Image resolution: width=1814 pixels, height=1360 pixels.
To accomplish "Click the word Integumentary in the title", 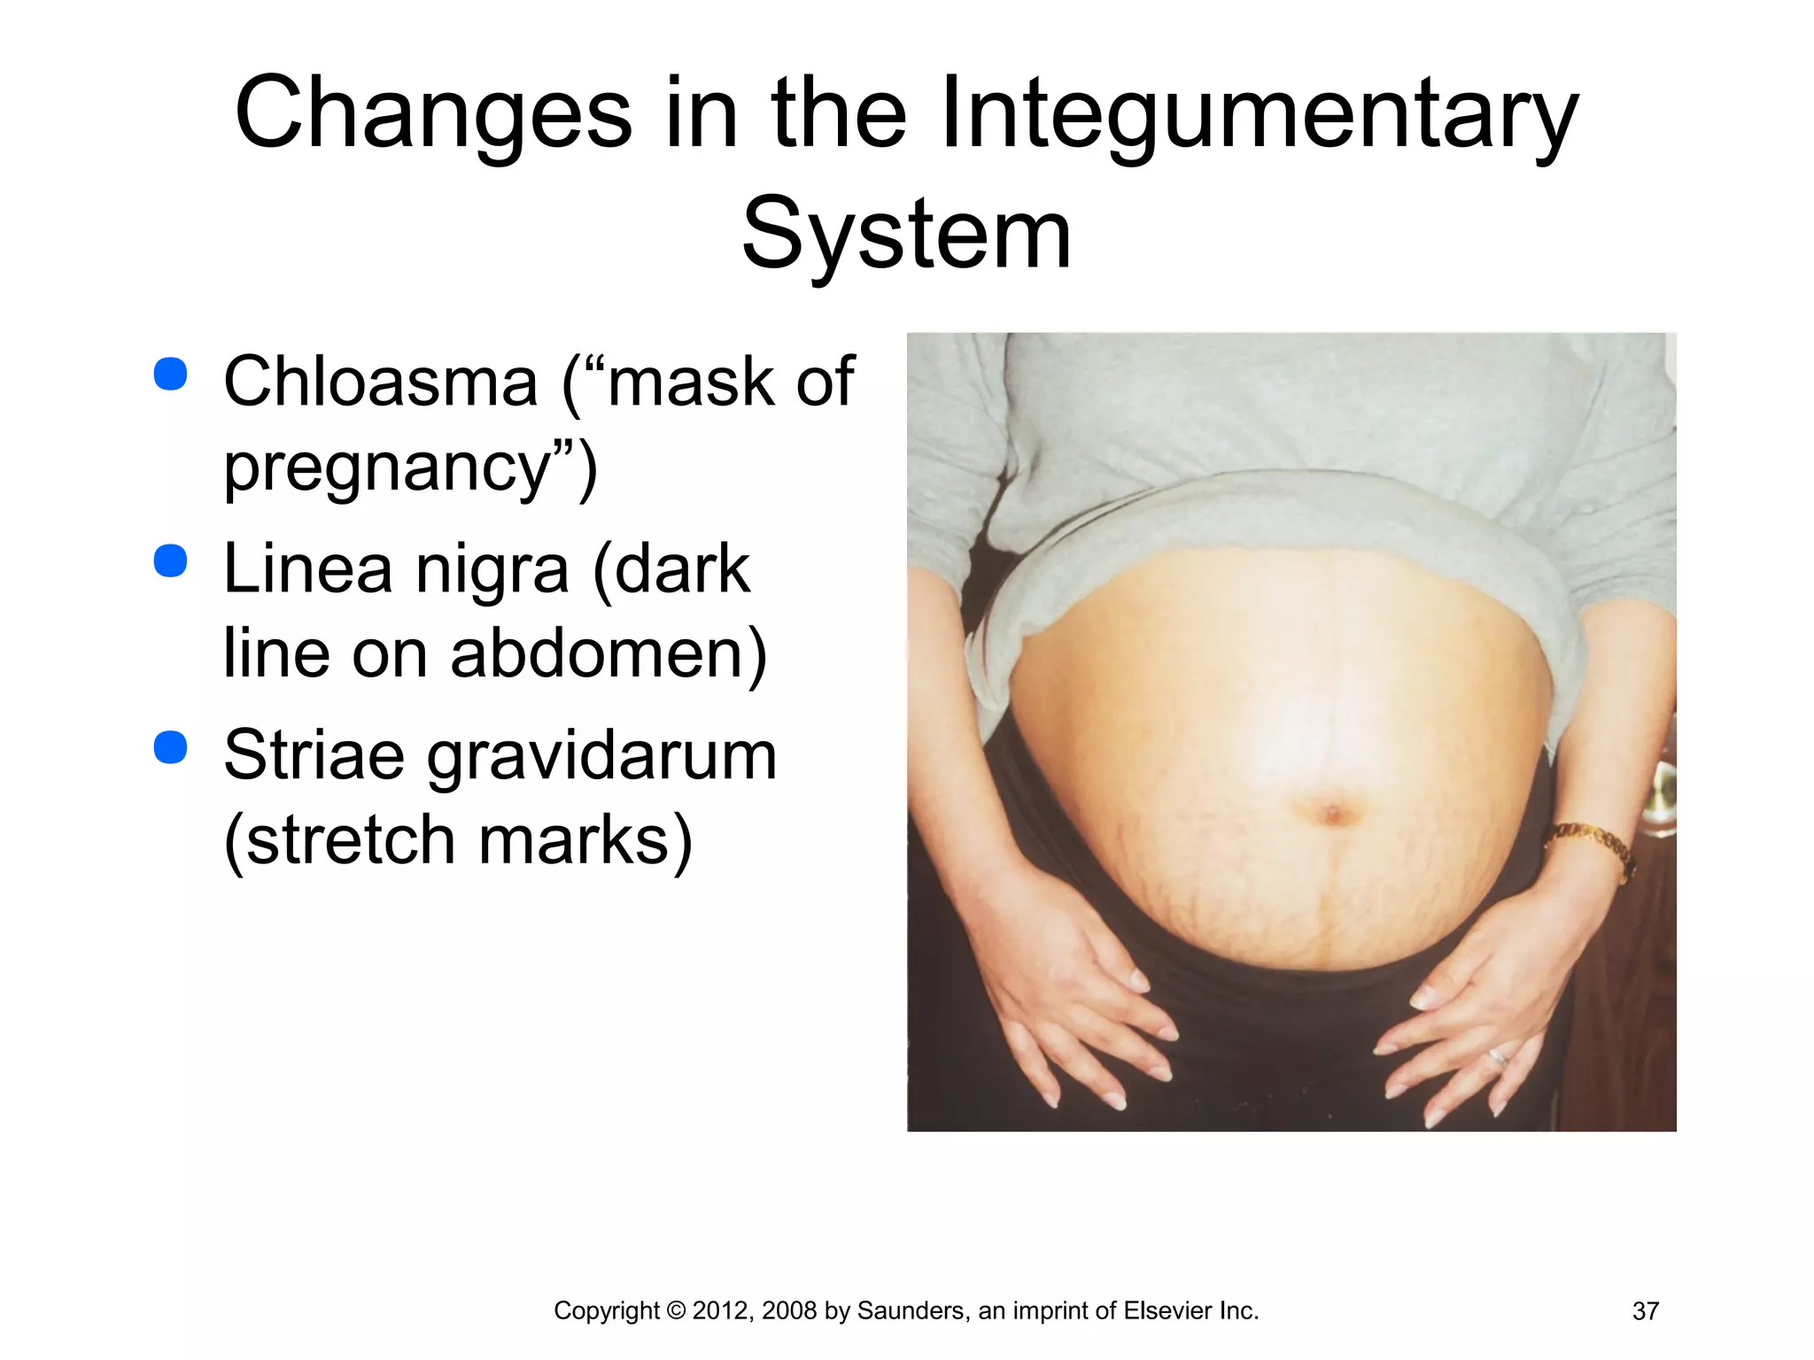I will [x=1258, y=115].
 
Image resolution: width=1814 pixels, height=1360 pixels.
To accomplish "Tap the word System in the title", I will [x=906, y=235].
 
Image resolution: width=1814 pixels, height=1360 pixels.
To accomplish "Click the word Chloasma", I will [x=381, y=382].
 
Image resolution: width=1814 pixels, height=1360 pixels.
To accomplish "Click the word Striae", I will [x=314, y=755].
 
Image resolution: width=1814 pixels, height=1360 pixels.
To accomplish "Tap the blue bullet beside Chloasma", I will [x=170, y=374].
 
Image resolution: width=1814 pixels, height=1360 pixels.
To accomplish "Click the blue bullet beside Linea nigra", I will [x=170, y=560].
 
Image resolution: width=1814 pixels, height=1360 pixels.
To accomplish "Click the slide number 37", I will [x=1645, y=1311].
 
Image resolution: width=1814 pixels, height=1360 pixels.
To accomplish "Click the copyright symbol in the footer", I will [x=676, y=1311].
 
